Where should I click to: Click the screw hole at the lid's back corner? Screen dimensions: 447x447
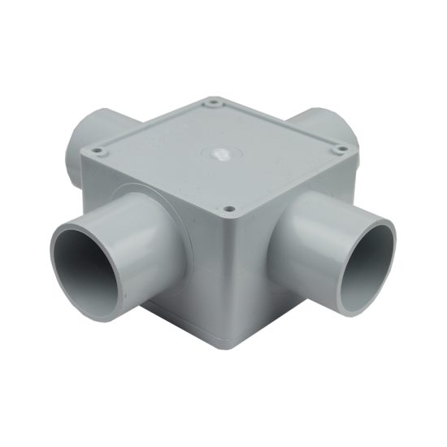coord(213,103)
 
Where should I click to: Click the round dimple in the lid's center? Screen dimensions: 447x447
coord(218,152)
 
